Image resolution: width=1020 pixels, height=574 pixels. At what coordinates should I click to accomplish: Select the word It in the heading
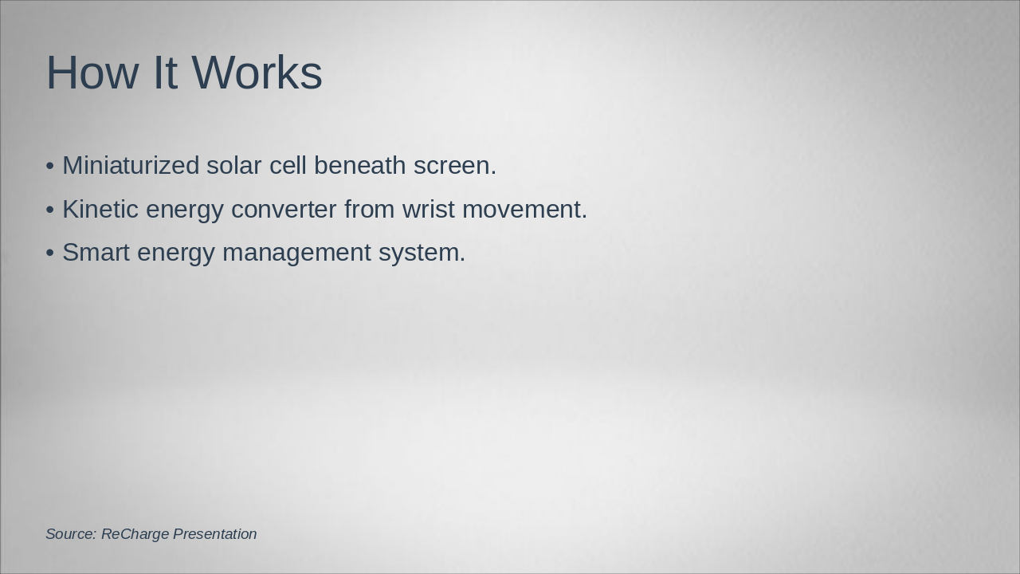(165, 73)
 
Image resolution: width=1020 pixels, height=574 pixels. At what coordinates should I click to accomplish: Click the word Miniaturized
(131, 166)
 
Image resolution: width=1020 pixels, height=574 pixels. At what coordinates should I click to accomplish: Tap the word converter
(284, 209)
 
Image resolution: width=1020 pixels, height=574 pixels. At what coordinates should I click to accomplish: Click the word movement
(524, 209)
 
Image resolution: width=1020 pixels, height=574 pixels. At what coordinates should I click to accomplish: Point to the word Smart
(96, 253)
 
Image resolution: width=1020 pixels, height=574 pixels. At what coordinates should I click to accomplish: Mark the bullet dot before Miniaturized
(50, 166)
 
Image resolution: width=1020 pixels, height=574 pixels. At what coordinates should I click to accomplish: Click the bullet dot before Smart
(50, 253)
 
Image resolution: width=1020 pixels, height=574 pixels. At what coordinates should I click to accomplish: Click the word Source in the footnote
(70, 534)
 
